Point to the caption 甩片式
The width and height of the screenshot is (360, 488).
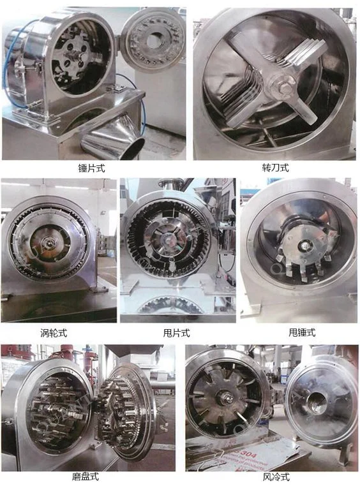point(177,332)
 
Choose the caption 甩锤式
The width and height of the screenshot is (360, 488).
point(302,332)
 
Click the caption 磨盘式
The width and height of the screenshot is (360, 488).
point(86,476)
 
